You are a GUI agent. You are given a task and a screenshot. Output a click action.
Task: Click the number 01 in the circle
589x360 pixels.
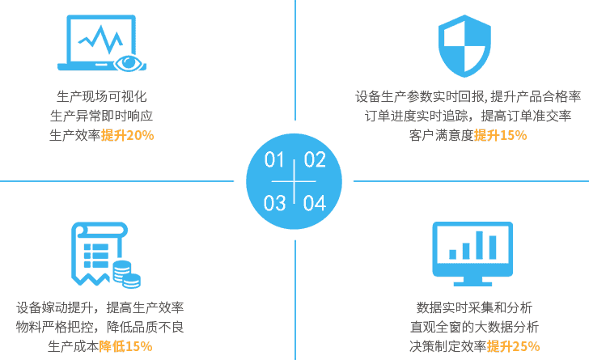[276, 159]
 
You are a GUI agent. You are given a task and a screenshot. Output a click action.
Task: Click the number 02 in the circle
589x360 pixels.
[314, 159]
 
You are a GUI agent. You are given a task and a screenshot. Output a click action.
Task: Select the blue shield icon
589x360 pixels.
[464, 45]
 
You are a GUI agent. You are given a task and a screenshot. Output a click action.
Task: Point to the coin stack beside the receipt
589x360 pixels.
[126, 273]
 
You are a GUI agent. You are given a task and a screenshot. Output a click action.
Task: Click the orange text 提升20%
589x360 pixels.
[127, 135]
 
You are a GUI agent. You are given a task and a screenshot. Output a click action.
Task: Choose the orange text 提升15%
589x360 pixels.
[500, 135]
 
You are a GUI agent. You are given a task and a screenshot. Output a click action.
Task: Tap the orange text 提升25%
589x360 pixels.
[513, 347]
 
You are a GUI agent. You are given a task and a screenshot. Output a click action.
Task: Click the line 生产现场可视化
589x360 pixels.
[101, 96]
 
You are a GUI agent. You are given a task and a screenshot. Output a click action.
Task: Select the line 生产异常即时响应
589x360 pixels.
[101, 116]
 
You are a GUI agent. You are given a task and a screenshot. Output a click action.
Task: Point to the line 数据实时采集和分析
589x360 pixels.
[474, 308]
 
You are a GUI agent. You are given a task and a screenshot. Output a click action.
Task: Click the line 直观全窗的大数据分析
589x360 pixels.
[474, 328]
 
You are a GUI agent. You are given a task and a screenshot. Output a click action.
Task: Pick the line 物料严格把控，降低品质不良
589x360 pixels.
[100, 328]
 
